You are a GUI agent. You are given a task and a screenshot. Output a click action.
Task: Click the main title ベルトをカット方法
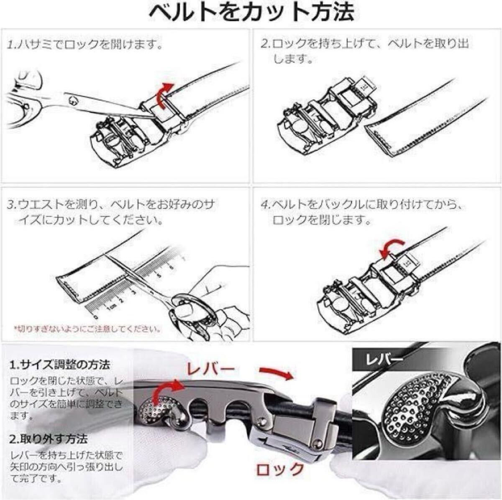(x=251, y=13)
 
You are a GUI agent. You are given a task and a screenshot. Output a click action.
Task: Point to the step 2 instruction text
(x=364, y=50)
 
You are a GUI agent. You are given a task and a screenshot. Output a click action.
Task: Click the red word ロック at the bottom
(x=279, y=469)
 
